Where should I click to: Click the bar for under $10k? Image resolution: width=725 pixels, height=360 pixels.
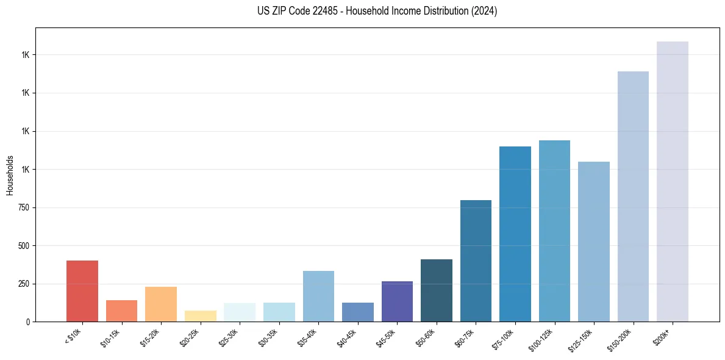click(x=82, y=291)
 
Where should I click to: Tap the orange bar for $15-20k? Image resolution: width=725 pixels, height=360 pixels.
click(x=161, y=304)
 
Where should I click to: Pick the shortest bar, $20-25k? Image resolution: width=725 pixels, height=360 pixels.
click(x=200, y=316)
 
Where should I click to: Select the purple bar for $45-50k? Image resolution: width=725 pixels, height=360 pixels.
click(x=397, y=301)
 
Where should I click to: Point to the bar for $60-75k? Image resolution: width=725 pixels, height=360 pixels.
click(x=476, y=261)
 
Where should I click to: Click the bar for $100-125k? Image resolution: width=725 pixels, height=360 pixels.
click(x=554, y=231)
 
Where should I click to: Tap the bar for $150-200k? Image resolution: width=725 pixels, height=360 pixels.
click(x=633, y=196)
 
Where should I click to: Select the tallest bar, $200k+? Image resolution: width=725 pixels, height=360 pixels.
click(x=673, y=181)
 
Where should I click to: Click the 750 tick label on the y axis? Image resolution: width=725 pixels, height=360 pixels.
click(x=23, y=207)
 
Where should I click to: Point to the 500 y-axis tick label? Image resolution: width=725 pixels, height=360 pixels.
click(x=23, y=246)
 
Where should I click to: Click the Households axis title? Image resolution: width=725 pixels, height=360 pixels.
click(x=10, y=175)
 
